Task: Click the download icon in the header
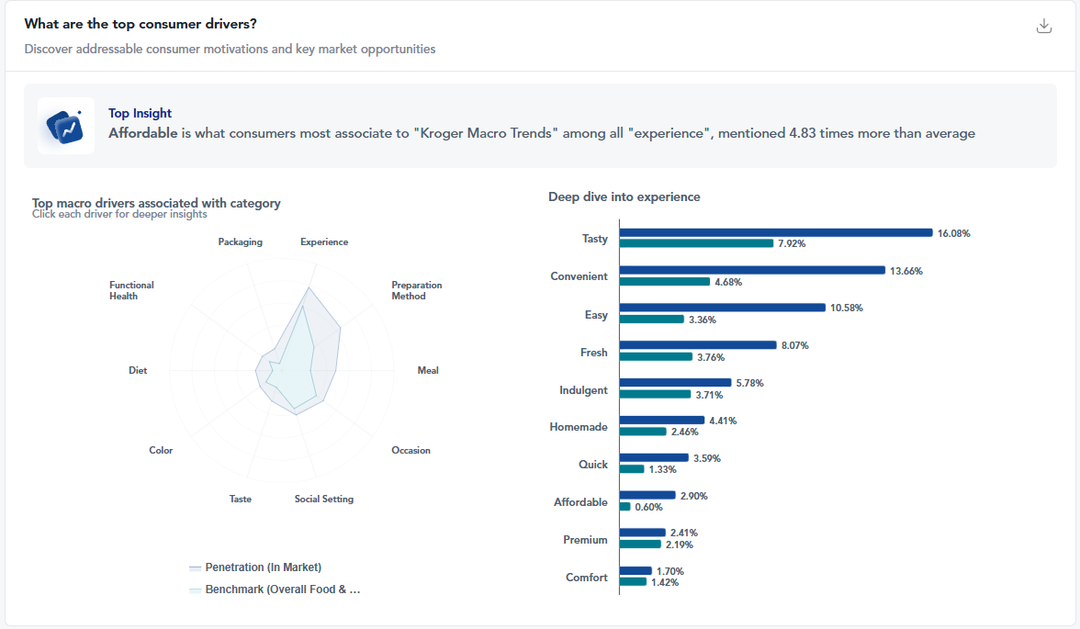[x=1043, y=26]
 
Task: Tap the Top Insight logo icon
[x=66, y=126]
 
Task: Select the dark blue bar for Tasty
[x=775, y=233]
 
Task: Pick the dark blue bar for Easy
[x=722, y=308]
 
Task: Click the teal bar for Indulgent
[x=655, y=394]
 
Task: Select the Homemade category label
[x=579, y=427]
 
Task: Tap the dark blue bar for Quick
[x=653, y=457]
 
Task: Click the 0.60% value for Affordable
[x=647, y=507]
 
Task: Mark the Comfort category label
[x=586, y=578]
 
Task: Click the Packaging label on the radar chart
[x=241, y=242]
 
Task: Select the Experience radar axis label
[x=324, y=242]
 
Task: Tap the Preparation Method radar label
[x=417, y=290]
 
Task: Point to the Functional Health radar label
[x=131, y=290]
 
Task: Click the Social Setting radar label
[x=324, y=500]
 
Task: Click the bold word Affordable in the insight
[x=142, y=133]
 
